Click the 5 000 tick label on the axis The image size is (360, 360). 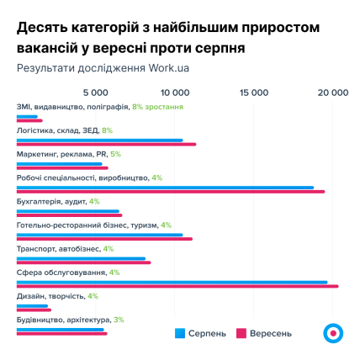click(x=97, y=91)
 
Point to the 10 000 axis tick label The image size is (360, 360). click(x=175, y=91)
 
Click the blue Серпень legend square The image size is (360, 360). click(x=178, y=333)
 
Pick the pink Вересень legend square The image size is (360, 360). click(x=240, y=333)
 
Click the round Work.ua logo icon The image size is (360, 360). click(x=333, y=332)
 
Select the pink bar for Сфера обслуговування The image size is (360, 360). click(x=177, y=287)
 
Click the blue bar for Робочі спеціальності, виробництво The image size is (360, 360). click(x=165, y=188)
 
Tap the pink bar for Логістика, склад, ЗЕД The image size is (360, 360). click(x=106, y=144)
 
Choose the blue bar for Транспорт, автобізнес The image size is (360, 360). click(x=81, y=259)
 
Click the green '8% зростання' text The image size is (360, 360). click(x=156, y=107)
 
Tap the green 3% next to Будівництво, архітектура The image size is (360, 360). click(x=119, y=320)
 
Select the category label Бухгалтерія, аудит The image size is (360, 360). click(x=51, y=202)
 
